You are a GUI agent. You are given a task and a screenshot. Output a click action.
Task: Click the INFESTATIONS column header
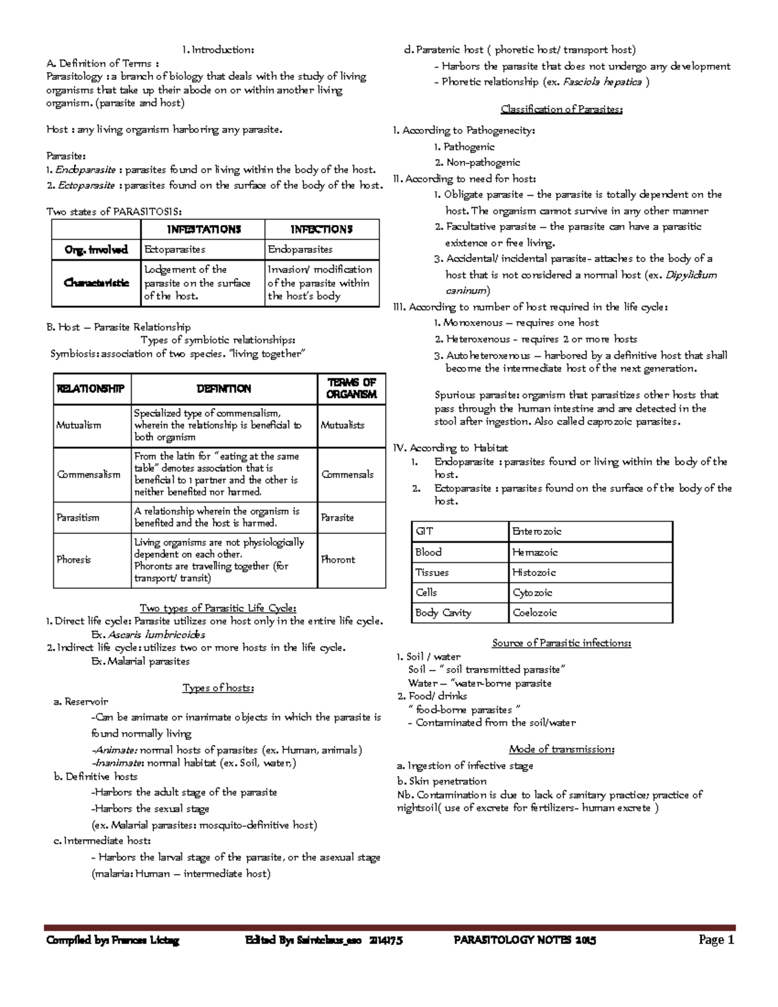204,230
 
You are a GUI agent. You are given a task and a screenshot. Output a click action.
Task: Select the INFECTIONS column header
321,230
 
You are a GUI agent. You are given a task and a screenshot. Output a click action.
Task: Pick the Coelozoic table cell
535,613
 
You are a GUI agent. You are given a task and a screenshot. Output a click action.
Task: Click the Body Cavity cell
443,613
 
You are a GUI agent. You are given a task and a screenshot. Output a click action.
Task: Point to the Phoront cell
338,560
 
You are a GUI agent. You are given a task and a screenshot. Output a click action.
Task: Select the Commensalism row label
88,475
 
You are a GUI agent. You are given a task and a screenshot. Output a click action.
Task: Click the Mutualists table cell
342,425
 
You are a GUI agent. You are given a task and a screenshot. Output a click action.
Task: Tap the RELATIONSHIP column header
91,389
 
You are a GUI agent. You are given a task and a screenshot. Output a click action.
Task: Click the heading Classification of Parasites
561,110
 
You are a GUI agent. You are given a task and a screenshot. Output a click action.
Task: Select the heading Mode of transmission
561,750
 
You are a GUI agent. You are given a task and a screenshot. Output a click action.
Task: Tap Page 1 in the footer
716,940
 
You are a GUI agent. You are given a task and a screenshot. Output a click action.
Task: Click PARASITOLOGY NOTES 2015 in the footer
525,940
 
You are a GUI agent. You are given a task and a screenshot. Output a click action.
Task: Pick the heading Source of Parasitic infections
561,643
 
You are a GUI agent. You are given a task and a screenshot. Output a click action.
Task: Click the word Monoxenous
473,323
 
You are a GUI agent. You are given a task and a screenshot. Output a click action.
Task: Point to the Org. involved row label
96,250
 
